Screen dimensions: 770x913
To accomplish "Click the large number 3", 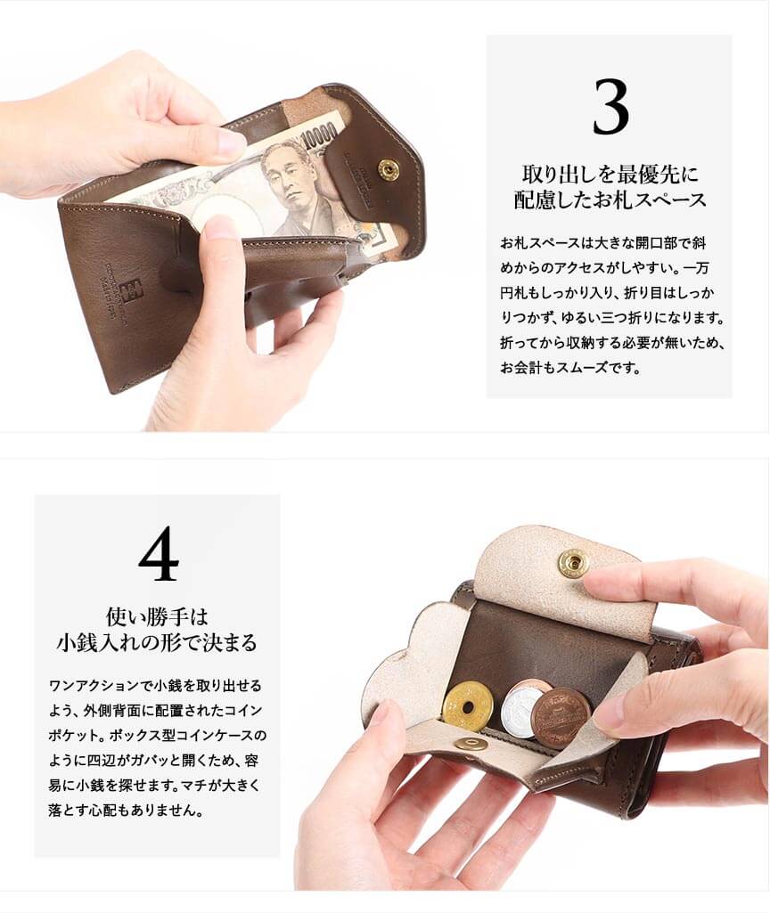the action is tap(610, 108).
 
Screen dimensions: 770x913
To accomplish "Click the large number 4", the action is tap(159, 553).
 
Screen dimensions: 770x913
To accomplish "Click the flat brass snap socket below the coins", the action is tap(471, 745).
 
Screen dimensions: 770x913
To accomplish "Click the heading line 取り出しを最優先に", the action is tap(610, 174).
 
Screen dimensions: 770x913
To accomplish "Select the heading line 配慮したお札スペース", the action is tap(610, 200).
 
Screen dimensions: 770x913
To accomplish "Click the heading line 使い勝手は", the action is tap(157, 616).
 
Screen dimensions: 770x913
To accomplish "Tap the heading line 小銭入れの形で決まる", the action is tap(157, 642).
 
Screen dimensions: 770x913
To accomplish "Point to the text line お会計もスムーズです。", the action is tap(570, 367).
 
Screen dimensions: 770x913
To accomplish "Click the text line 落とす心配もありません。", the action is tap(126, 810).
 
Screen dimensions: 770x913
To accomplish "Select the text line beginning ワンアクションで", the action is tap(155, 685).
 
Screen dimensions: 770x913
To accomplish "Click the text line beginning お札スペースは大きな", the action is tap(603, 243).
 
